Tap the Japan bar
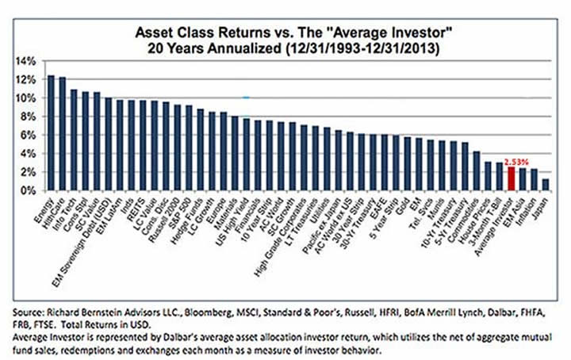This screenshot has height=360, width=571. click(545, 185)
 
